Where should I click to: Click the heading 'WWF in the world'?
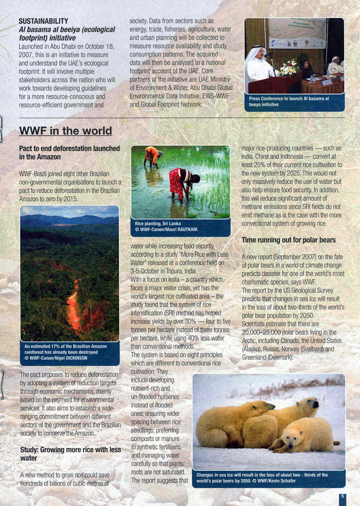[x=65, y=131]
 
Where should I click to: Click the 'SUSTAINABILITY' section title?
[x=43, y=21]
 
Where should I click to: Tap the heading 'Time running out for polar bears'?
[x=288, y=240]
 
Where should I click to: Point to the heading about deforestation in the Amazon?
[x=69, y=153]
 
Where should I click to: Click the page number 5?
[x=342, y=496]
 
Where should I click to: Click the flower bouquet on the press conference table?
[x=289, y=67]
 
